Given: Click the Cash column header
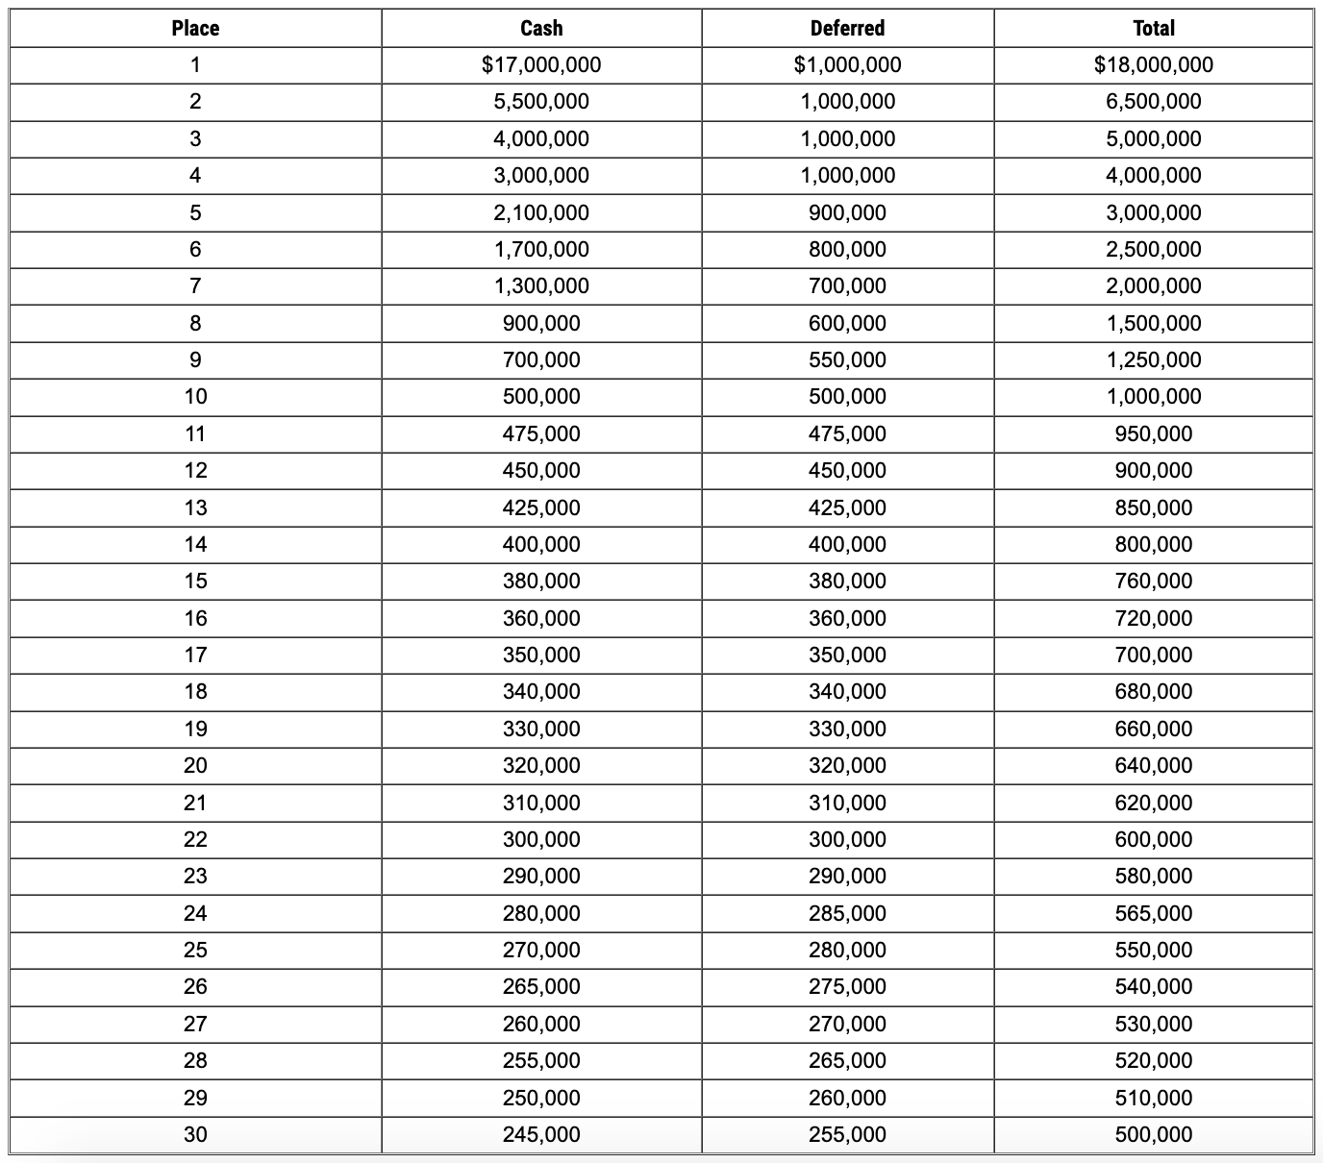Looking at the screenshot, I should coord(541,28).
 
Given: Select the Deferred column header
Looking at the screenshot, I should coord(847,28).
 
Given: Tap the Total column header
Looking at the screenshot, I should coord(1153,28).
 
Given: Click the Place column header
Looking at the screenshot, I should coord(195,28).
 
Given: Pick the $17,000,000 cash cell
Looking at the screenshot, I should coord(541,64).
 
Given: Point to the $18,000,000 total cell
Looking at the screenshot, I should coord(1153,64).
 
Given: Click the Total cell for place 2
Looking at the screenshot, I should coord(1153,101).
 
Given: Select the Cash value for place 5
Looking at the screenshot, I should coord(541,212).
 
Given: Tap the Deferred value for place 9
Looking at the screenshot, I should coord(847,359).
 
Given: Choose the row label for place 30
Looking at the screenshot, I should coord(195,1134).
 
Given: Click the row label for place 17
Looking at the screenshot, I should coord(195,655).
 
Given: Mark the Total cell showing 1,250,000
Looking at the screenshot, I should coord(1153,359).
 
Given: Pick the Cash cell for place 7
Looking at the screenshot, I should coord(541,285).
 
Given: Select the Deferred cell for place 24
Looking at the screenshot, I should coord(847,913).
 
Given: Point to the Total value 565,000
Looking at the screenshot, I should coord(1153,913).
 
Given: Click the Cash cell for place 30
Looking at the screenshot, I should coord(541,1134).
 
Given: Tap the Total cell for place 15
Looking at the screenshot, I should coord(1153,581).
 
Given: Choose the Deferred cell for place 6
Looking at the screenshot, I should coord(847,249).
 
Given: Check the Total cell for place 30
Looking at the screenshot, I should coord(1153,1134).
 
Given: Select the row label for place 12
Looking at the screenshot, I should coord(195,470).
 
